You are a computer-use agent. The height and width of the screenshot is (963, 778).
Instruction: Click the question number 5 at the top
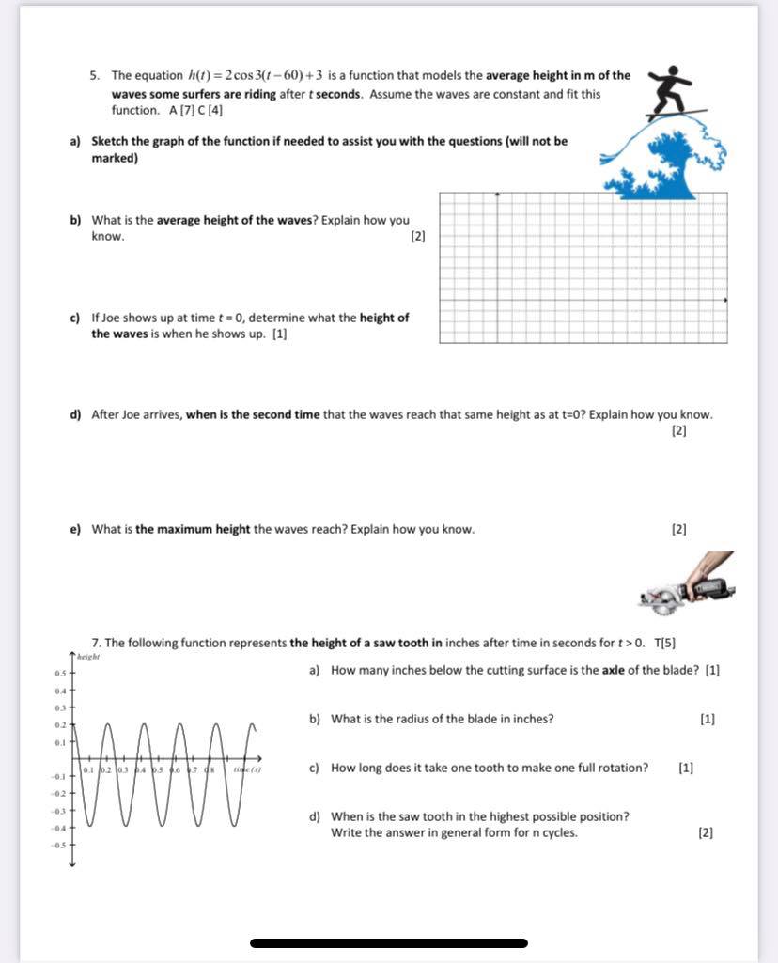tap(95, 75)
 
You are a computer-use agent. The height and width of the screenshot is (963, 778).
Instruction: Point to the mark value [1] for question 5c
tap(279, 334)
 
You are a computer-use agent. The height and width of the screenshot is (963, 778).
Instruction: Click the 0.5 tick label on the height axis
tap(60, 674)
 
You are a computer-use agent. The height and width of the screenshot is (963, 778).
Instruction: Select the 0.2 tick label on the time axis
tap(107, 769)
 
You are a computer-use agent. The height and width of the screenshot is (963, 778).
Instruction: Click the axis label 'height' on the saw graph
tap(88, 657)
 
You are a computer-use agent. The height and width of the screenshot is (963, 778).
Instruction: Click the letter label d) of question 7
tap(315, 816)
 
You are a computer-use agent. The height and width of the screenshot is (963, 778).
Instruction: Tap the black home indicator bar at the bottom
tap(389, 942)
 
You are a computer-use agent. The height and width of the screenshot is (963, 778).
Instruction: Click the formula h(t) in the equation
tap(199, 75)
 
